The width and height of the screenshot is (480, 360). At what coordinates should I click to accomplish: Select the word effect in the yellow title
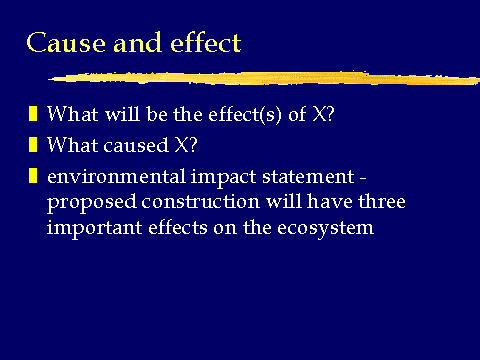(205, 43)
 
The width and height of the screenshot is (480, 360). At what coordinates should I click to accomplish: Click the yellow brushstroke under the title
(264, 78)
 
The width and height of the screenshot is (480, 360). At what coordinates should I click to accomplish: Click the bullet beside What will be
(33, 114)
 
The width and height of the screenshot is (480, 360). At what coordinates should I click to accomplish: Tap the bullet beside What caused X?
(33, 145)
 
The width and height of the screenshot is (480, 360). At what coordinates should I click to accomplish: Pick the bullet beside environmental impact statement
(33, 176)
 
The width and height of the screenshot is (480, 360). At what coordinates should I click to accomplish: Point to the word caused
(136, 145)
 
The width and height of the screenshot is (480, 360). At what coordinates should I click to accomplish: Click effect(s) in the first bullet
(245, 114)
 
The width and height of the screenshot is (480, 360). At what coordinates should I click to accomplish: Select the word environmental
(116, 176)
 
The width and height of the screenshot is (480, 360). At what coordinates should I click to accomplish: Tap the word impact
(223, 178)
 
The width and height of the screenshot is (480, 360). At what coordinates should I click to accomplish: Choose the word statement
(308, 177)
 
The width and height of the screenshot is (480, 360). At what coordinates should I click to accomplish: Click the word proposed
(92, 203)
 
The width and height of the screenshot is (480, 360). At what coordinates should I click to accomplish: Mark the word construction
(200, 202)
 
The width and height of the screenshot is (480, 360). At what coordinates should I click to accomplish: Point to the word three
(382, 201)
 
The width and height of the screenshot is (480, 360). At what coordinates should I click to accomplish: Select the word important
(94, 229)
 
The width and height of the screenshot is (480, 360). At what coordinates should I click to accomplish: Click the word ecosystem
(325, 229)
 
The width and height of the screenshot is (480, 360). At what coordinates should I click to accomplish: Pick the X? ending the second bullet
(186, 145)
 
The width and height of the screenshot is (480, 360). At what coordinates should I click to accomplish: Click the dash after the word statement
(363, 179)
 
